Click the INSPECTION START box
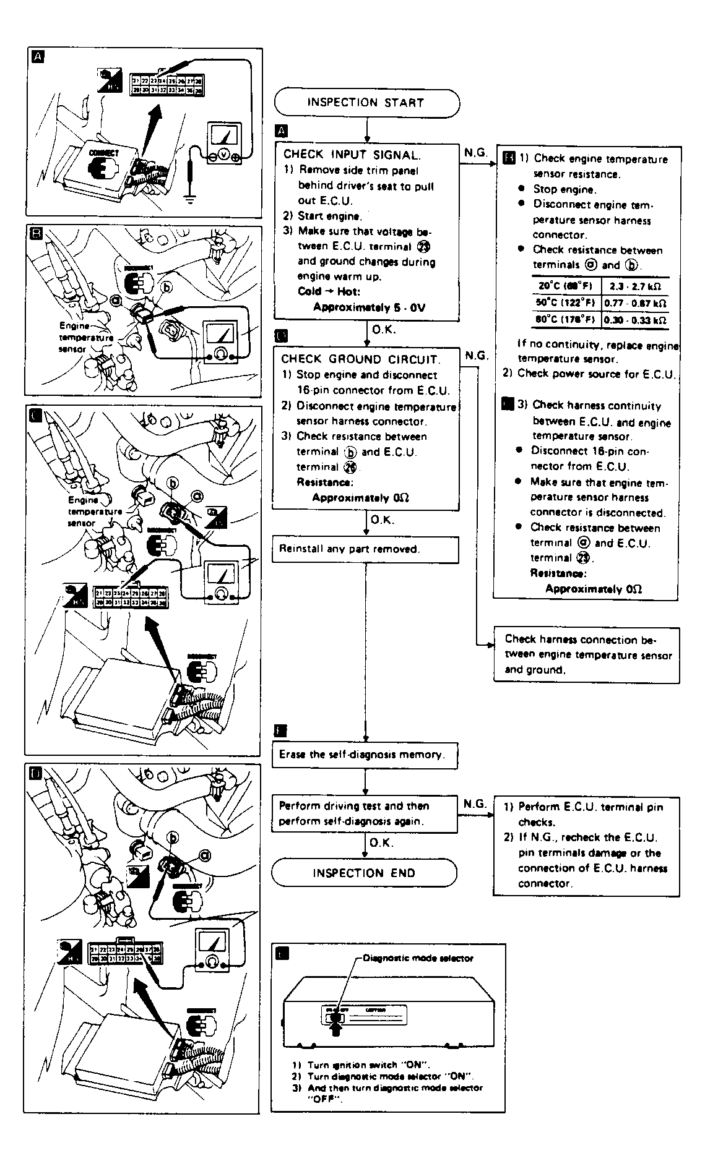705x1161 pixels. point(366,103)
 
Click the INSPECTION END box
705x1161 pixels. point(364,873)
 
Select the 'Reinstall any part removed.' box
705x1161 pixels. point(365,549)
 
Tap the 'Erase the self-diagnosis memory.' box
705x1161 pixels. point(365,755)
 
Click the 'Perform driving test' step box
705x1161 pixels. point(365,813)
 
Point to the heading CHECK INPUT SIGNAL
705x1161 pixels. point(352,155)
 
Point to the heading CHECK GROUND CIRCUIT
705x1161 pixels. point(360,359)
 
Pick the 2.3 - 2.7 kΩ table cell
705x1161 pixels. point(635,286)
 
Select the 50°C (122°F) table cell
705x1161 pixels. point(566,303)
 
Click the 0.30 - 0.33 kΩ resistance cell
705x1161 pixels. point(635,320)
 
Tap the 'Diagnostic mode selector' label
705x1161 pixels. point(418,958)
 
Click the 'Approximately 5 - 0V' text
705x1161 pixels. point(369,307)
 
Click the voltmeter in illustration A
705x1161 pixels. point(224,143)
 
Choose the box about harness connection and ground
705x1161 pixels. point(586,655)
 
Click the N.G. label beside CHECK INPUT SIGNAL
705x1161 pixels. point(476,152)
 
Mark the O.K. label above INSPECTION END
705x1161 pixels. point(381,842)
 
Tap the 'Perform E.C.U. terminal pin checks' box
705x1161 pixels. point(586,845)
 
